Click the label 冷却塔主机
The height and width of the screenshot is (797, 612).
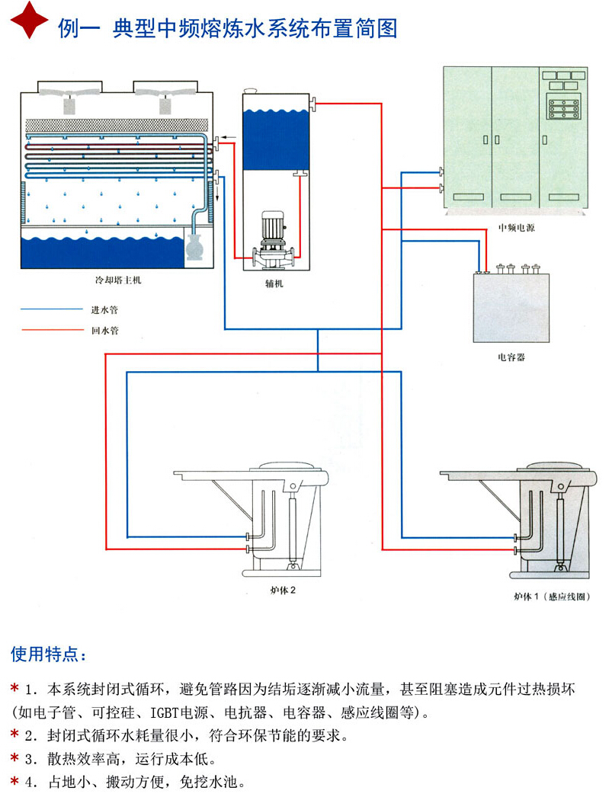click(x=118, y=281)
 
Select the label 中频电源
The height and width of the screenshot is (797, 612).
click(x=516, y=227)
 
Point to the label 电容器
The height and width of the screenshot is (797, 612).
click(x=511, y=357)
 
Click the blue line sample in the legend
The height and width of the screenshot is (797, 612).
click(x=50, y=310)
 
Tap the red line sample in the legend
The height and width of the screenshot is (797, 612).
click(x=50, y=331)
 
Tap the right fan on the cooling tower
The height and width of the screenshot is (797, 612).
click(x=165, y=94)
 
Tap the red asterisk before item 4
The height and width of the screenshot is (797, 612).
click(x=14, y=781)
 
